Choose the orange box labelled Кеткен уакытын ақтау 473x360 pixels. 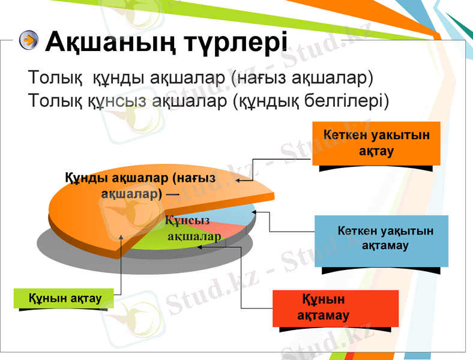(x=376, y=143)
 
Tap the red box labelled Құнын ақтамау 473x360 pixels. (x=335, y=308)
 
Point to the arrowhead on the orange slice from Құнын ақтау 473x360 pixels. (x=122, y=237)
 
